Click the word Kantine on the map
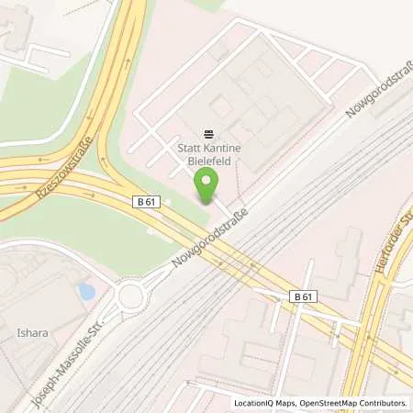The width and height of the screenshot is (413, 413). coord(218,146)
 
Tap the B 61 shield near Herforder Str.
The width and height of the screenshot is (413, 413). coord(303,296)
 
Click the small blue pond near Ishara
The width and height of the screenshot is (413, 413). coord(87,292)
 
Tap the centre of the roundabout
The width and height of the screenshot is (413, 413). coord(130,296)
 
